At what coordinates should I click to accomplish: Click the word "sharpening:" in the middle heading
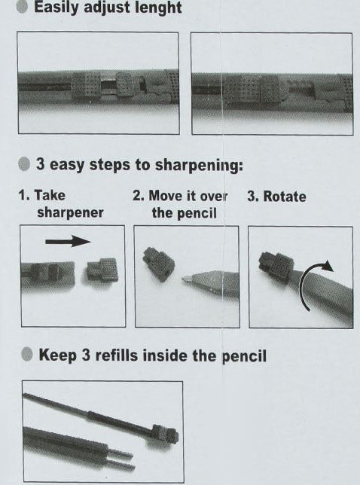point(199,165)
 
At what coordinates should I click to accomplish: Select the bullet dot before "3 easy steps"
point(24,164)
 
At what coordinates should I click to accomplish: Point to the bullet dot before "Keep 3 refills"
point(27,354)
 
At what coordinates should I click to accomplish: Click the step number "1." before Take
point(24,196)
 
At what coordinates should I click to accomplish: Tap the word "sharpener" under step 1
point(70,213)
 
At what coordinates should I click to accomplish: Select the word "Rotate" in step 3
point(285,197)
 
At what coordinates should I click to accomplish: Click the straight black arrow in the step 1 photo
point(68,241)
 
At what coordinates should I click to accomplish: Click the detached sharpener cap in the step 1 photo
point(102,270)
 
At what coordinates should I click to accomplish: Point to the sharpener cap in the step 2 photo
point(158,264)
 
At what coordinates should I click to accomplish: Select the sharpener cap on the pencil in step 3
point(276,266)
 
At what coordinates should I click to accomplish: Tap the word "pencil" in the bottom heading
point(244,357)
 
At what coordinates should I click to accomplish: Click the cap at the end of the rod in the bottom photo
point(166,434)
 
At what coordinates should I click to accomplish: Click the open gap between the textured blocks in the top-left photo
point(108,85)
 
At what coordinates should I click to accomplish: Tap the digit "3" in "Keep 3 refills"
point(86,355)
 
